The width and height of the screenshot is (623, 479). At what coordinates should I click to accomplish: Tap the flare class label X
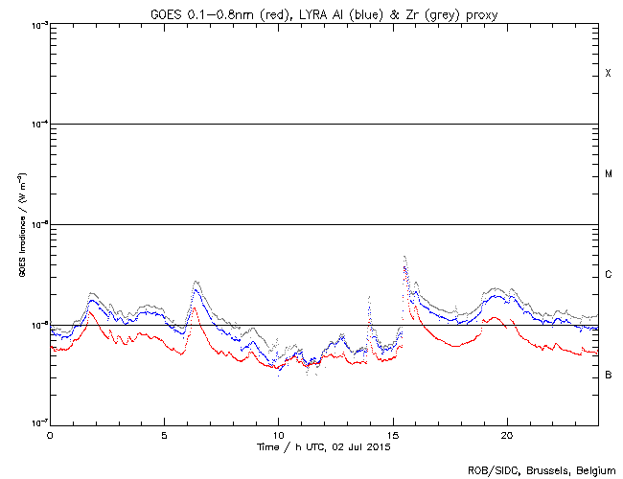[608, 74]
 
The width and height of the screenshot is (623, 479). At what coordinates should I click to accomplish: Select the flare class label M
[608, 174]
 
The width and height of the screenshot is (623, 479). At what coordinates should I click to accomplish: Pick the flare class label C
[608, 275]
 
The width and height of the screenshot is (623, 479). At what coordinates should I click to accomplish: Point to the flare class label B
[608, 375]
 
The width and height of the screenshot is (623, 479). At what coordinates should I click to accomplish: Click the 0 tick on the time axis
[50, 434]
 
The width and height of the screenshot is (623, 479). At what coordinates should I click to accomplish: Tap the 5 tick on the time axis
[164, 434]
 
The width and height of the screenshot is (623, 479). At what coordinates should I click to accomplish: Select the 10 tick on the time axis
[278, 434]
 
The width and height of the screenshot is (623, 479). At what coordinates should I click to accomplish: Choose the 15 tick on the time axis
[392, 434]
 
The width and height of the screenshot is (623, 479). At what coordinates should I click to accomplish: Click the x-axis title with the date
[324, 446]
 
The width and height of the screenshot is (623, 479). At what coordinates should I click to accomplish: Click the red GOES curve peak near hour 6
[195, 308]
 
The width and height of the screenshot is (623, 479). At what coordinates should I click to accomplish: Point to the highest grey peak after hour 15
[404, 257]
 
